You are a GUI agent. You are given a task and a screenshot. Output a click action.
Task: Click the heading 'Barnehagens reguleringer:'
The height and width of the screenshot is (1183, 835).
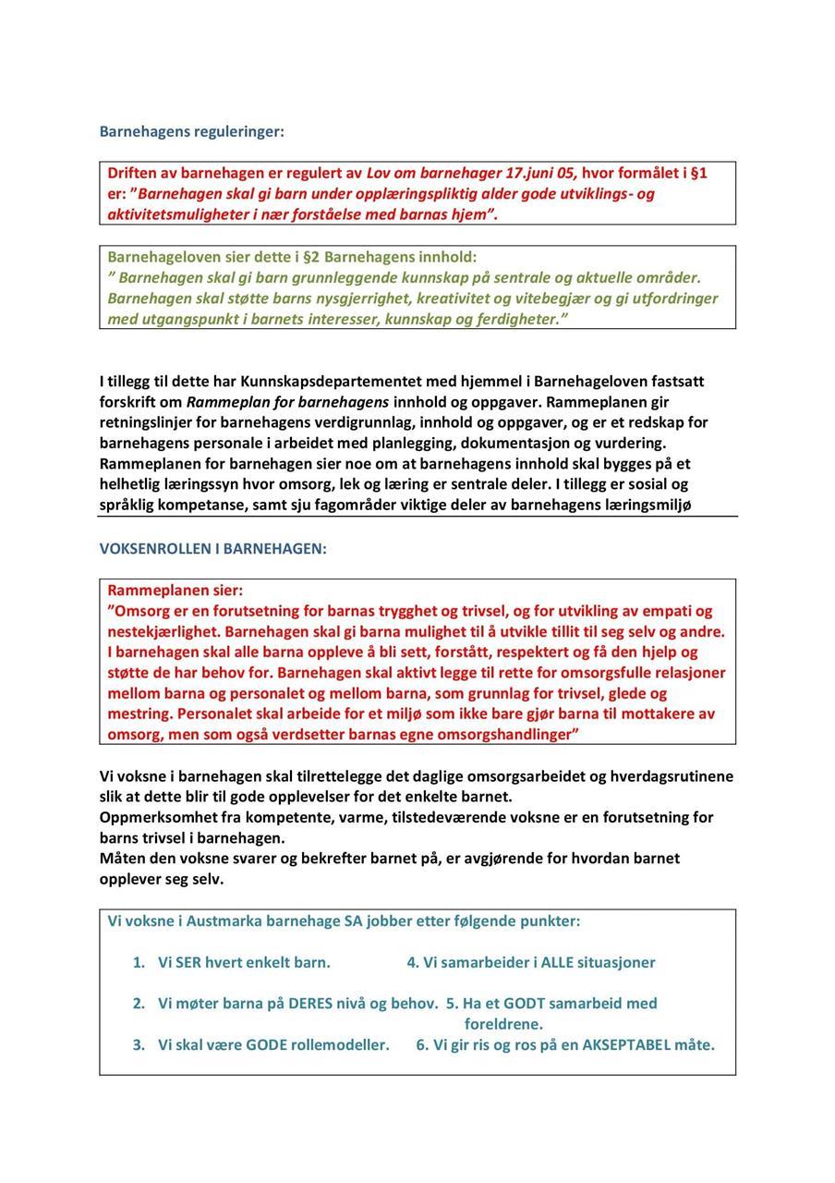coord(192,131)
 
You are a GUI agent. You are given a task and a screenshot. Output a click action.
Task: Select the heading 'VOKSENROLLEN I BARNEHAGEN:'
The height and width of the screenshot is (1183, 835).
coord(213,549)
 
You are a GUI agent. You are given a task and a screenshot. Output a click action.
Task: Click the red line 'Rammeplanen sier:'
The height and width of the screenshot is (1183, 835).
coord(175,590)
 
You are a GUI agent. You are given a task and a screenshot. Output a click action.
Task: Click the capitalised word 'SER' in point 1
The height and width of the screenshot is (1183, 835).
coord(188,962)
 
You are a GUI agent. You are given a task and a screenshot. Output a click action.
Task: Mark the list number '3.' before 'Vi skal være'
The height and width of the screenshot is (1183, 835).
coord(139,1045)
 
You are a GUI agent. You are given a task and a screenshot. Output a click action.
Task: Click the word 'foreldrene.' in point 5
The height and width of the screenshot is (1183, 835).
coord(503,1024)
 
